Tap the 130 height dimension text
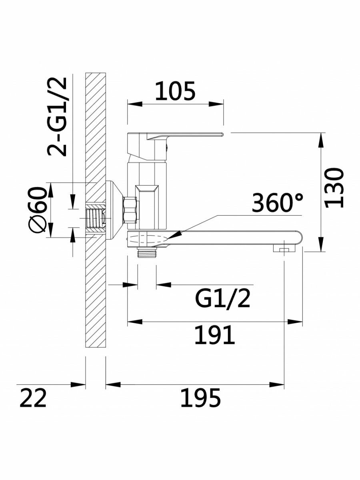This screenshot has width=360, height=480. coord(334,188)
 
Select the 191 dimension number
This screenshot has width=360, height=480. coord(214,335)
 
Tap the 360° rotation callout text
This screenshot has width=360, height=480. coord(277,202)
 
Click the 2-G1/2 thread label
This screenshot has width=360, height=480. coord(57,116)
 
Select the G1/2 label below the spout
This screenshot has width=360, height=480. coord(222,299)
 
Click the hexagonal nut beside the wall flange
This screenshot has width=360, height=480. coord(130,210)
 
